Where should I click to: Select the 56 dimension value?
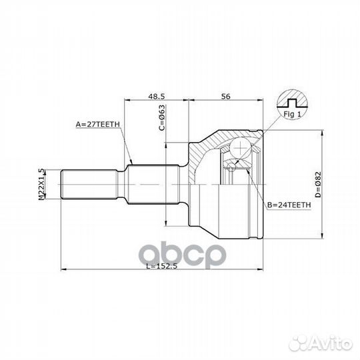[225, 96]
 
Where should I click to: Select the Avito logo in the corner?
[331, 344]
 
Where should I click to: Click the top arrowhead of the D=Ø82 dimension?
[322, 130]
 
